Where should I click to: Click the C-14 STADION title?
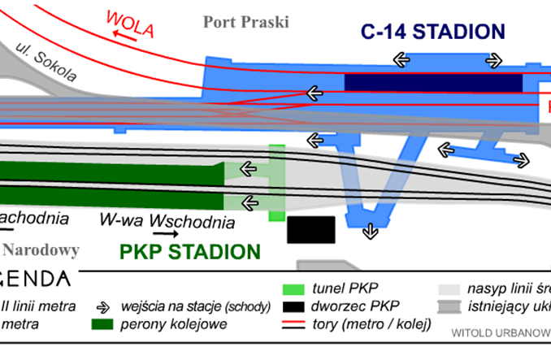coord(433,33)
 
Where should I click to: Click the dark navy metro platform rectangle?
coord(432,83)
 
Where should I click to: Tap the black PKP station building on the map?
coord(311,229)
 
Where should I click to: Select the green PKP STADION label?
coord(189,252)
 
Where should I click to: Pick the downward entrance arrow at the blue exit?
coord(371,232)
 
